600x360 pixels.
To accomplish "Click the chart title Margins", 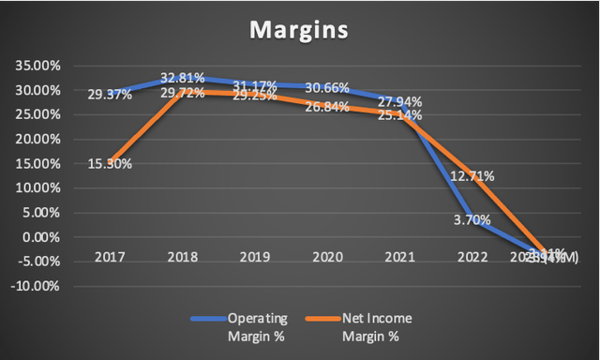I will [x=299, y=30].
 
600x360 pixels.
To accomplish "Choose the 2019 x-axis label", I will [x=256, y=255].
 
